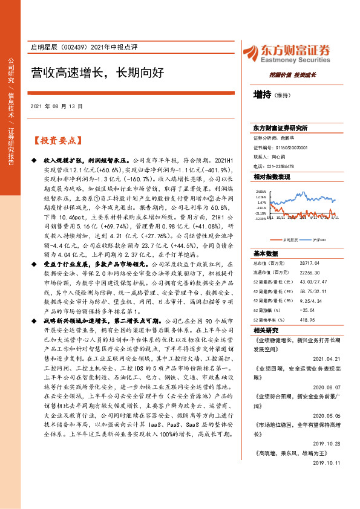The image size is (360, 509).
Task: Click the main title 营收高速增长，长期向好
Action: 97,74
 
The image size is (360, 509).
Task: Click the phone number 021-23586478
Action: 281,166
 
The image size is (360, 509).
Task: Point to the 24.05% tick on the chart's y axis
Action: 261,190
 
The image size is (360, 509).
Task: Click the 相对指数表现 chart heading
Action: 272,177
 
